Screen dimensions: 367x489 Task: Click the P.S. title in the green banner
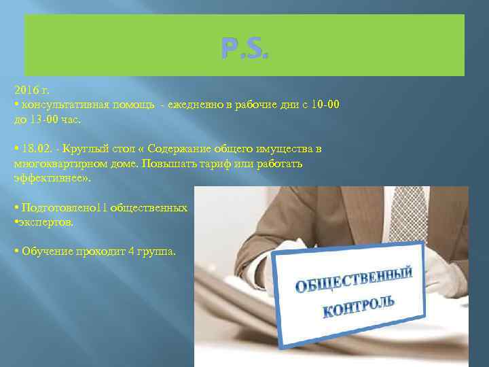(x=244, y=48)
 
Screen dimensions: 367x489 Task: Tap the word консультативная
(x=60, y=105)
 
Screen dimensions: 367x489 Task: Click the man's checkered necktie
(x=408, y=211)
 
